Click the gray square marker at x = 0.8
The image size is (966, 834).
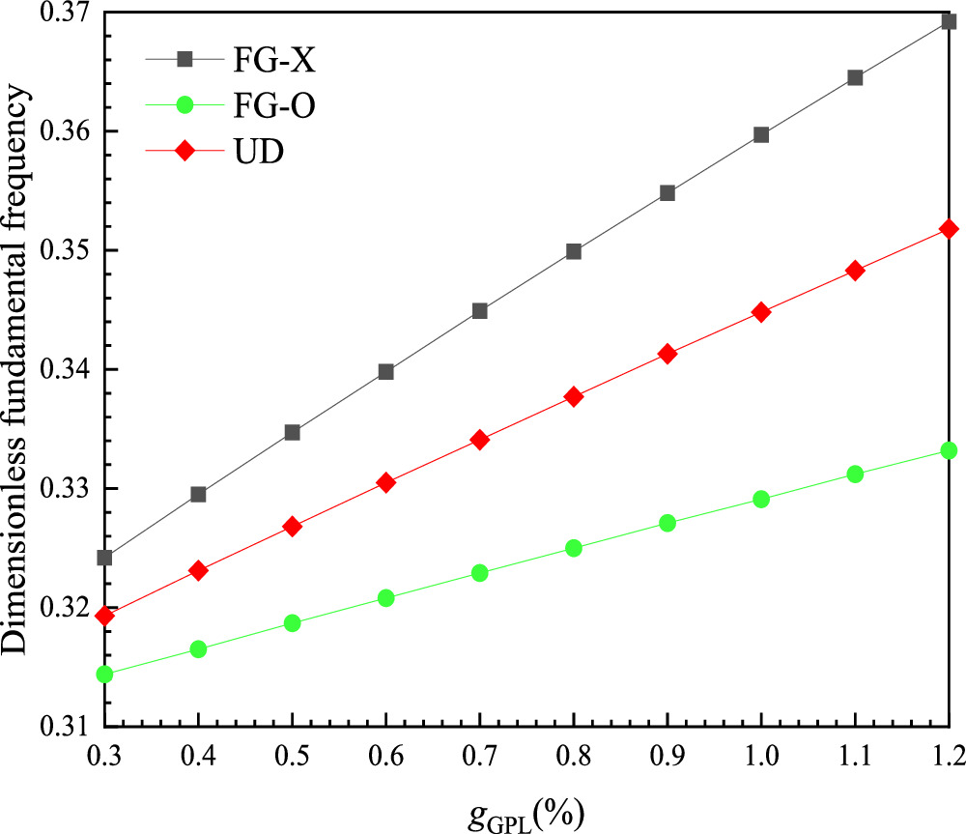pos(574,251)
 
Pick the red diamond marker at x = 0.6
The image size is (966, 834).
pos(386,482)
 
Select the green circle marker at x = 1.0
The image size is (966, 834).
pos(761,499)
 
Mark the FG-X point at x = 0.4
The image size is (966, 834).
pos(198,494)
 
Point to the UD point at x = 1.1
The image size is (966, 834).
pos(855,271)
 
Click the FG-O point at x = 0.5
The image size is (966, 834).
pos(293,622)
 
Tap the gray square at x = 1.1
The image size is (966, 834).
pos(855,77)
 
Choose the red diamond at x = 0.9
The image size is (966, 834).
pos(668,354)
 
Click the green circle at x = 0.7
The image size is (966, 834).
pos(480,572)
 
